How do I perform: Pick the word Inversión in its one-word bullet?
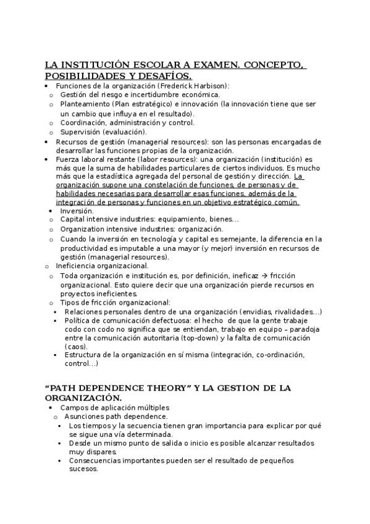pyautogui.click(x=77, y=211)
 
